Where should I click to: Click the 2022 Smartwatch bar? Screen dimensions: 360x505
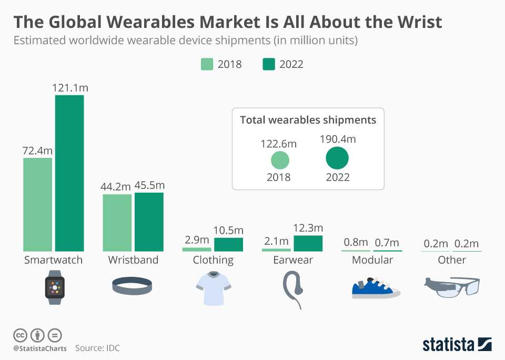(x=69, y=173)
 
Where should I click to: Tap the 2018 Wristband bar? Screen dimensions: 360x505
(x=117, y=223)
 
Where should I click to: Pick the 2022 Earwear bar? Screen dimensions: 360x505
(x=308, y=243)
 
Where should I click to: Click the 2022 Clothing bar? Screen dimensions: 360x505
(x=228, y=244)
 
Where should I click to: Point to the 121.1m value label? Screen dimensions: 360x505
(x=70, y=88)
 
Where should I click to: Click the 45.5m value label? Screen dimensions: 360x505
(x=149, y=185)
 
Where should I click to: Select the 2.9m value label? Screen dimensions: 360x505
(x=197, y=240)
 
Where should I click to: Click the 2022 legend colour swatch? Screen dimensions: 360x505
(x=269, y=64)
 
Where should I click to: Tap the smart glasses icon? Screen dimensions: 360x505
(x=452, y=287)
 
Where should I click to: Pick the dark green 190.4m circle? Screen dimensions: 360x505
(x=337, y=158)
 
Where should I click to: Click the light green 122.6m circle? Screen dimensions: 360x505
(x=280, y=160)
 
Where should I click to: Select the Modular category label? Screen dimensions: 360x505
(x=372, y=260)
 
